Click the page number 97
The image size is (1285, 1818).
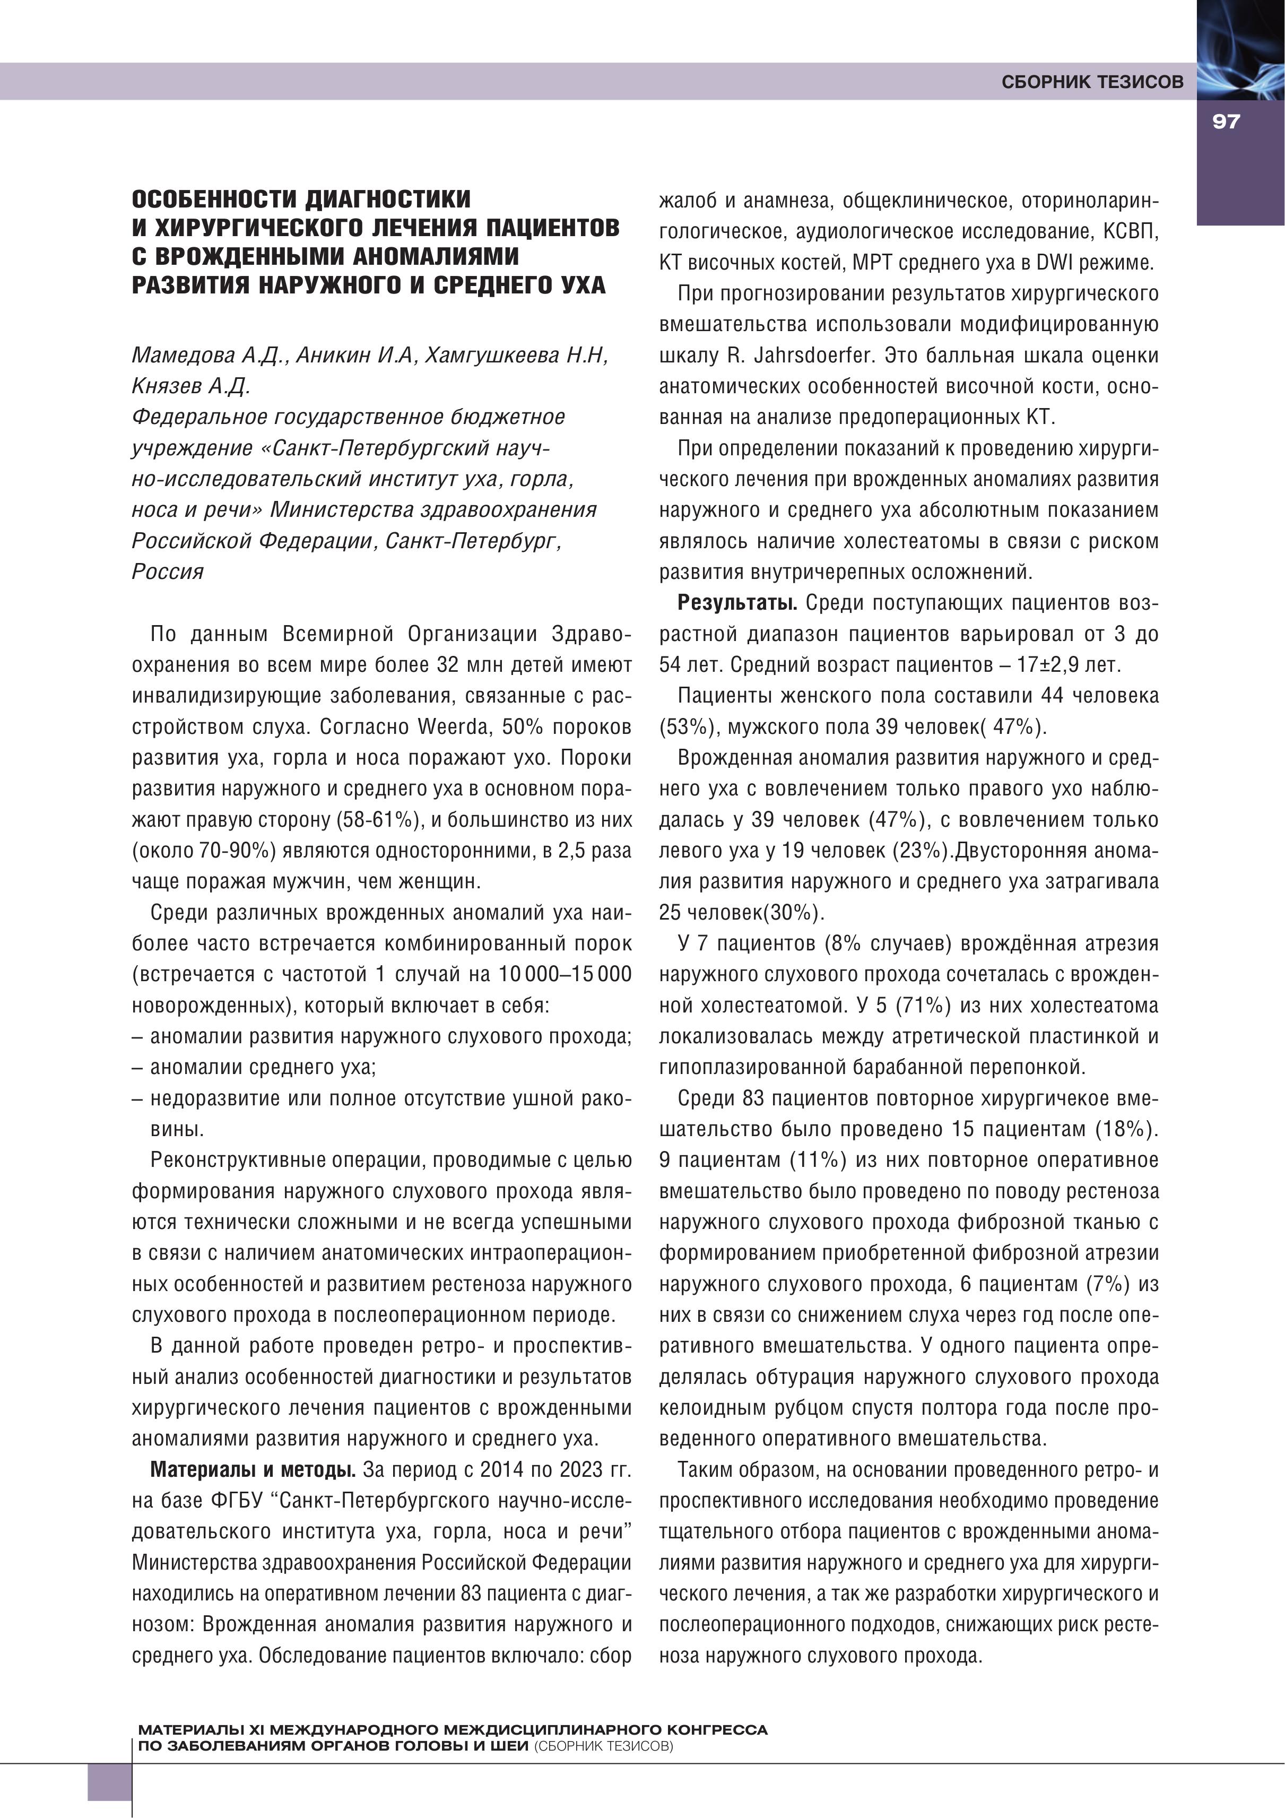click(1225, 121)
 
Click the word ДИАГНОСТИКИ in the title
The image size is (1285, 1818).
click(388, 198)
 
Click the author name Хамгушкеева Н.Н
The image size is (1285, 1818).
click(516, 356)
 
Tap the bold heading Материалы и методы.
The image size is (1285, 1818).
click(253, 1469)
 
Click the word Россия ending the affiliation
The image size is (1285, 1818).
click(168, 572)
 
